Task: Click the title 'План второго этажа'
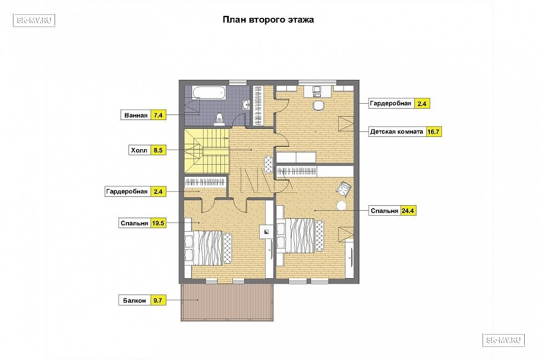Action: coord(268,19)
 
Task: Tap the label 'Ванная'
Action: coord(136,116)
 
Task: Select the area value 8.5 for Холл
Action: coord(158,150)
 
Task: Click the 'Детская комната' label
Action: coord(397,131)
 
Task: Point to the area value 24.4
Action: coord(407,211)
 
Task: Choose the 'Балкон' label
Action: coord(135,300)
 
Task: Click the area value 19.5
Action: coord(158,223)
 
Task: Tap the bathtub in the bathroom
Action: coord(209,93)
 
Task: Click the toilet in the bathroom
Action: coord(219,119)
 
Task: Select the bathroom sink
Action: coord(246,105)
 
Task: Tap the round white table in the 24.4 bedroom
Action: coord(341,206)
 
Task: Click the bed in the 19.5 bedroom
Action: coord(208,247)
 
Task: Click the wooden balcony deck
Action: coord(227,302)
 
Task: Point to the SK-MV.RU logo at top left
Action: coord(34,20)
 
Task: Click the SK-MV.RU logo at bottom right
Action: coord(504,340)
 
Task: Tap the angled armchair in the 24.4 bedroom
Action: coord(344,188)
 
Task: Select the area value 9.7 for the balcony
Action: coord(158,300)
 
